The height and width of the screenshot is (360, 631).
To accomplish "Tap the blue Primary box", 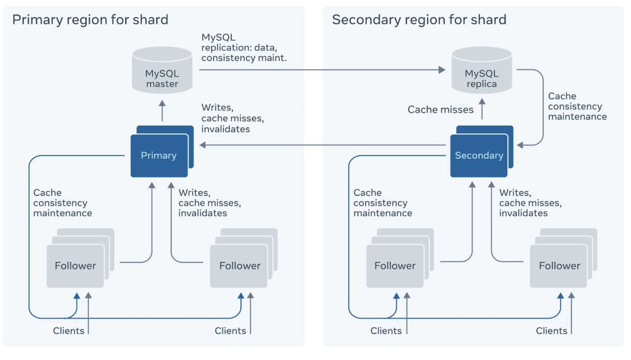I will (159, 155).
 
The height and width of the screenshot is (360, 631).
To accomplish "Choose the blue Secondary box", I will (479, 155).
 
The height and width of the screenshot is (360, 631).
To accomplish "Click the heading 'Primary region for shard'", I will (90, 20).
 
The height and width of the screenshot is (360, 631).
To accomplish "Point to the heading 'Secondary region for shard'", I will (419, 20).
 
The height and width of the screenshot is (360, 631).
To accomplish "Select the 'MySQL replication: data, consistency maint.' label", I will (244, 48).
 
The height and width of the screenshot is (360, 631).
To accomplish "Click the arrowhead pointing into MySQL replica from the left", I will (442, 70).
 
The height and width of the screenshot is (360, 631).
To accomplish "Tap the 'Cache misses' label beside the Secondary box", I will (441, 110).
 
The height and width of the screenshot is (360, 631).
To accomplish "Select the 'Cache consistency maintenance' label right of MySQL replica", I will (577, 107).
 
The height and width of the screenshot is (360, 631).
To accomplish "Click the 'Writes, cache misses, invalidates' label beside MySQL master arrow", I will (233, 118).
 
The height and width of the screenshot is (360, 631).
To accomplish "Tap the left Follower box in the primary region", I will (76, 266).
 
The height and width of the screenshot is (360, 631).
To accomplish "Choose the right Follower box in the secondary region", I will (559, 266).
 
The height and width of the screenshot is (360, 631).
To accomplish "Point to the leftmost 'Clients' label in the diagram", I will (68, 331).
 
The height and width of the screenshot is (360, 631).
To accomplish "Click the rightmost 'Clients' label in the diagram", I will (551, 331).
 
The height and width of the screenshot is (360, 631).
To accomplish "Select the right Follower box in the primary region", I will (239, 266).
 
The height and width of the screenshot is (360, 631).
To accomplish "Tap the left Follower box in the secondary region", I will (395, 266).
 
